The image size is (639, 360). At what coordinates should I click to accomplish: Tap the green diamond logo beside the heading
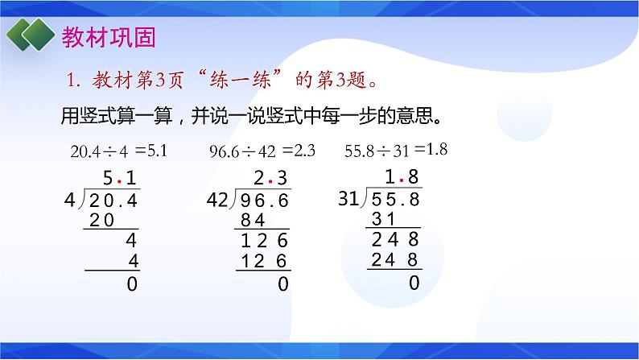click(x=30, y=36)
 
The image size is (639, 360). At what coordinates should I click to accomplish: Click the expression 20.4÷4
click(x=100, y=151)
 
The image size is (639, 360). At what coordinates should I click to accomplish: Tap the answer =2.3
click(x=299, y=150)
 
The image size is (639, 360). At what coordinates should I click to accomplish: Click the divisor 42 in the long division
click(x=216, y=200)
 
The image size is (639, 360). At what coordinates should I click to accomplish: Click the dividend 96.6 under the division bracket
click(x=264, y=201)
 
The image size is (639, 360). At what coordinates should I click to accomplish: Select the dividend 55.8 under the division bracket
click(x=397, y=199)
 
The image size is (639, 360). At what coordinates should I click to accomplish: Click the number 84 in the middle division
click(x=254, y=221)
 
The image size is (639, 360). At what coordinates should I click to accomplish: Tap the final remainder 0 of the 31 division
click(x=414, y=283)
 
